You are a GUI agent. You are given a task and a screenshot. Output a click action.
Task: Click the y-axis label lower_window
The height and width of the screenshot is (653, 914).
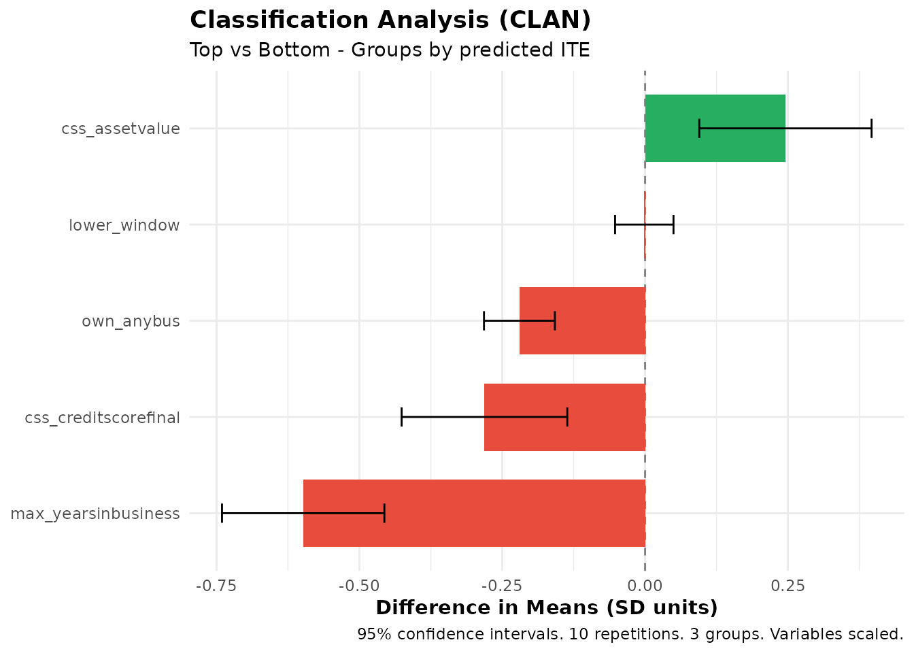(124, 225)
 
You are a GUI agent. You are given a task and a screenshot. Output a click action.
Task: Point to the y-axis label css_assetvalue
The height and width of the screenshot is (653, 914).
(120, 129)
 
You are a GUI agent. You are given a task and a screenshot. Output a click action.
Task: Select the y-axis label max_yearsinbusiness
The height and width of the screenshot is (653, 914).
(95, 514)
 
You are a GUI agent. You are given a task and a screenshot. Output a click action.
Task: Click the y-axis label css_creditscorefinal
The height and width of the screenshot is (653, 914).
(102, 418)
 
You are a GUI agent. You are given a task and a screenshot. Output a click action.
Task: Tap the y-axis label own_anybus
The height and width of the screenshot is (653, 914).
(131, 321)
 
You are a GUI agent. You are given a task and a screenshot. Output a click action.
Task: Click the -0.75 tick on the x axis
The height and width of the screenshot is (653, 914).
(216, 586)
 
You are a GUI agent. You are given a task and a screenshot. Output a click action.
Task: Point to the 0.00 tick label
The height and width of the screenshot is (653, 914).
(645, 586)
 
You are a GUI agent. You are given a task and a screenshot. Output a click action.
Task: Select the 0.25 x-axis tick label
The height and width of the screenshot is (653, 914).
(788, 586)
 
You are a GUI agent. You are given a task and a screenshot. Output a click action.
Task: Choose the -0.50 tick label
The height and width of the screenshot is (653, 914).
(359, 586)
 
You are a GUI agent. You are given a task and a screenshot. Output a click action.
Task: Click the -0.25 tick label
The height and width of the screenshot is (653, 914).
(502, 586)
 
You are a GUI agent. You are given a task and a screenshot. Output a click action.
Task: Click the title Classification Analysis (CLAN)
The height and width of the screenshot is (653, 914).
(390, 20)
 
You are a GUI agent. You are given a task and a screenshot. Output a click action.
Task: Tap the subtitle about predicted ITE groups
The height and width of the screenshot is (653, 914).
(390, 50)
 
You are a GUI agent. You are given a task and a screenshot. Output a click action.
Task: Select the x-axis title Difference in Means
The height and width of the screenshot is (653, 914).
(546, 607)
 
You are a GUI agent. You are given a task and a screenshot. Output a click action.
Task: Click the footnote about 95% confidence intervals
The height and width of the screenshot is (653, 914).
(630, 635)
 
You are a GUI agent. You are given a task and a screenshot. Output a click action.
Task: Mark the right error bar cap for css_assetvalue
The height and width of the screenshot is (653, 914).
(871, 128)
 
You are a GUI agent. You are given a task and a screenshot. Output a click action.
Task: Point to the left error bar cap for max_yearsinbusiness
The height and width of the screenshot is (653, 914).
(222, 513)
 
